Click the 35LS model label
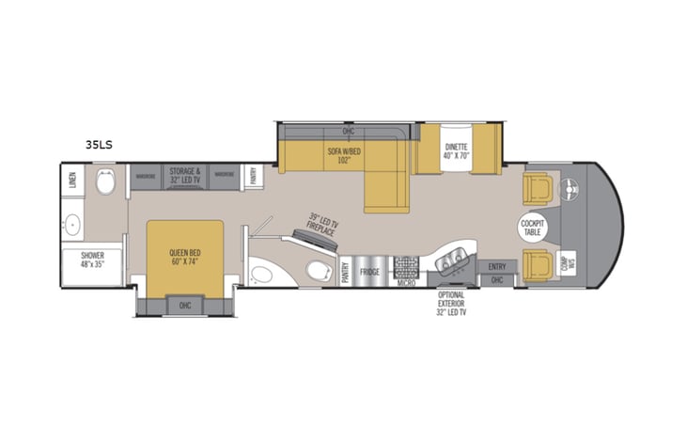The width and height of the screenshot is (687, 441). [99, 145]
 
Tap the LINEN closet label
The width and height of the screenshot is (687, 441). [72, 179]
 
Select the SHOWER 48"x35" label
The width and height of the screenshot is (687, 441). [92, 260]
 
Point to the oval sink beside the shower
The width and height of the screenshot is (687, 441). [71, 225]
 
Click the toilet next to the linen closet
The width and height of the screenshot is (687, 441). [105, 183]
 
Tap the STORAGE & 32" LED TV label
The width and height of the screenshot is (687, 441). [184, 176]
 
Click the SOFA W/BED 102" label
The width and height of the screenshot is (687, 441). [345, 157]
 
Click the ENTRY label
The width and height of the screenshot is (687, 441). [496, 266]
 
